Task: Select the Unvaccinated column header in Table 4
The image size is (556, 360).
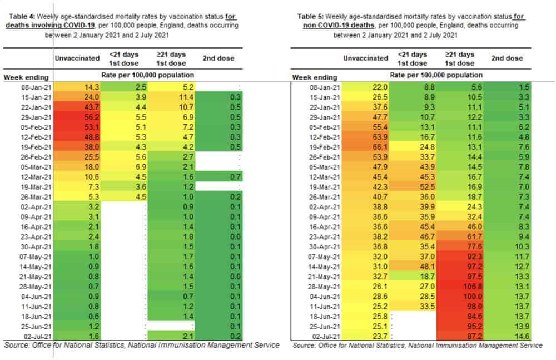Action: coord(77,58)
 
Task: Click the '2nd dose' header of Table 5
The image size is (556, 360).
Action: coord(507,58)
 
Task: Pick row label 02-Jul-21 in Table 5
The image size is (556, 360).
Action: coord(323,336)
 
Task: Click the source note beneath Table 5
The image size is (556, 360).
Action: coord(417,346)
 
